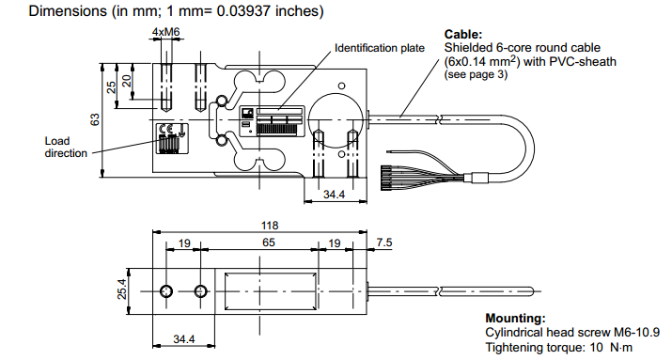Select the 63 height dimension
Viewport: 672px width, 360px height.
click(x=94, y=119)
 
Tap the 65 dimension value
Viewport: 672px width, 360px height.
click(x=268, y=243)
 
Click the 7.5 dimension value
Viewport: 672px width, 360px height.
click(x=383, y=243)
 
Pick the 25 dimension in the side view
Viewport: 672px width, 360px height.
click(x=111, y=86)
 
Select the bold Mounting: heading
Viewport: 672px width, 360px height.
click(x=515, y=319)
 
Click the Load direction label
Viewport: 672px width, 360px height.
click(x=65, y=147)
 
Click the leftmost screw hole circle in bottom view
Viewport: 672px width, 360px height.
click(x=166, y=290)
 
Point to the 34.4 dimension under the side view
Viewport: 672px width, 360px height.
click(x=333, y=195)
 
